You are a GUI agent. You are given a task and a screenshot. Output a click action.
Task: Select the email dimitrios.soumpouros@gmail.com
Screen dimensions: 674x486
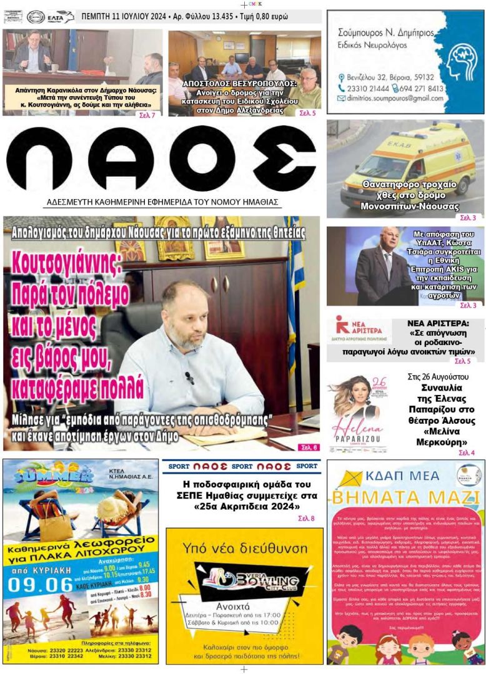click(390, 99)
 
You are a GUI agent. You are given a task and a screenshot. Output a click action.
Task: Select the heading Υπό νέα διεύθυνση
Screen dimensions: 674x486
click(244, 549)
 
